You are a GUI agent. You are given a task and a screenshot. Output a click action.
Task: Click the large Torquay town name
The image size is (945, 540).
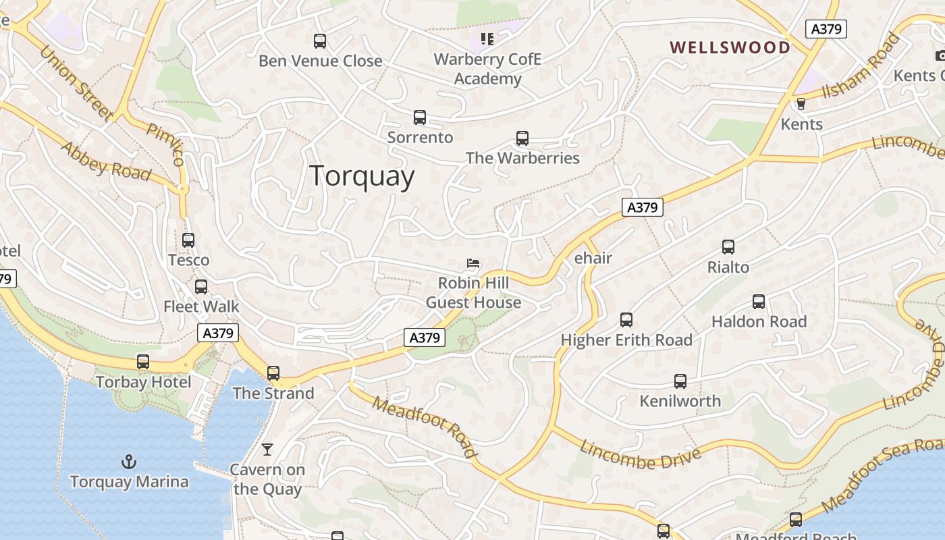click(362, 176)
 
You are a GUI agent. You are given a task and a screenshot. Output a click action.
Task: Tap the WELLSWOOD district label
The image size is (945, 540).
click(730, 47)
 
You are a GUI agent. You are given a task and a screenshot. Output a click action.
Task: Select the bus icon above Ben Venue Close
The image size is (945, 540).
click(320, 41)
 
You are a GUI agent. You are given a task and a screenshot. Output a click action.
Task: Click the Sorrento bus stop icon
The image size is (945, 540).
click(420, 117)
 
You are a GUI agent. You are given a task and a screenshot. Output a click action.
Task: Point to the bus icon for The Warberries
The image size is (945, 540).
click(522, 138)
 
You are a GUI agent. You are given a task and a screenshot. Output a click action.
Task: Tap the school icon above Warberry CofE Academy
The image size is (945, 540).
click(487, 39)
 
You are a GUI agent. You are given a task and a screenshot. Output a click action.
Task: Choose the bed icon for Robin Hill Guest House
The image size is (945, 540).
click(474, 263)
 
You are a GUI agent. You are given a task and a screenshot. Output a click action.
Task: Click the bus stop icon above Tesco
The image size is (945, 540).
click(188, 240)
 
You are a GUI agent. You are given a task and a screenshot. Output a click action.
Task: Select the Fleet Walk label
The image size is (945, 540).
click(201, 306)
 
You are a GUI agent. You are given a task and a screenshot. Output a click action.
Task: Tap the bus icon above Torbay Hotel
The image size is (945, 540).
click(143, 362)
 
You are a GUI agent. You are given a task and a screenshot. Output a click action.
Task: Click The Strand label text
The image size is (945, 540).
click(273, 393)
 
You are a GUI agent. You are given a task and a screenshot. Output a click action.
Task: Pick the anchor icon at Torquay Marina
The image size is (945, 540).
click(128, 462)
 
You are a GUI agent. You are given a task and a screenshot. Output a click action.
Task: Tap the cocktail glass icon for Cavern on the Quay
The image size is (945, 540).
click(267, 450)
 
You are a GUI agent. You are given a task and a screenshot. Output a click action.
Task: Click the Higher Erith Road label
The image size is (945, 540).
click(626, 340)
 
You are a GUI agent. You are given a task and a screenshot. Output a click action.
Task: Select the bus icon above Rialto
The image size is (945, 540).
click(728, 247)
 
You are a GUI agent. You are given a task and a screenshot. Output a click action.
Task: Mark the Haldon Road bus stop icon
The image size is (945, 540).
click(759, 302)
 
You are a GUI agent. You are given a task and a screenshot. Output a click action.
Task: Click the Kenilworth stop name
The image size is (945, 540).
click(680, 401)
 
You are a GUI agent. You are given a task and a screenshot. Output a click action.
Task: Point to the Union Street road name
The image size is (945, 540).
click(76, 82)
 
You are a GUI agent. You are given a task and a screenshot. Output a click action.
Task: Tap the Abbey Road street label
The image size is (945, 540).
click(106, 161)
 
